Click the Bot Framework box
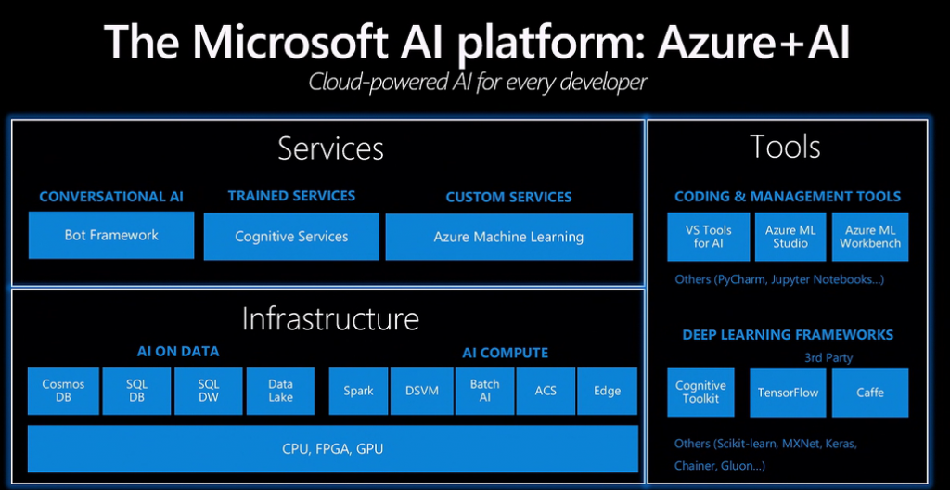pos(111,236)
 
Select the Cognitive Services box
pos(291,237)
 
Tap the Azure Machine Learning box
pos(509,237)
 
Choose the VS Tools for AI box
pos(708,237)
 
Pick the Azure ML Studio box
pos(790,237)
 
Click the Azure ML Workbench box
pos(870,237)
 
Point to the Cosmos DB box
pos(63,391)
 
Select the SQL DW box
pos(209,391)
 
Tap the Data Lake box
pos(280,391)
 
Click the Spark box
pos(358,391)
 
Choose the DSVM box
pos(422,391)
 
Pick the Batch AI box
pos(484,391)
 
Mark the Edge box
pos(607,391)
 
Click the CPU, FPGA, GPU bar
pos(333,449)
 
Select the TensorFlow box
pos(789,393)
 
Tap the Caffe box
pos(870,393)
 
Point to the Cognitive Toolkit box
pos(700,393)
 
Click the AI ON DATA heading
pos(178,352)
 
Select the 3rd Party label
pos(828,358)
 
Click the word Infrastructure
pos(330,318)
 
